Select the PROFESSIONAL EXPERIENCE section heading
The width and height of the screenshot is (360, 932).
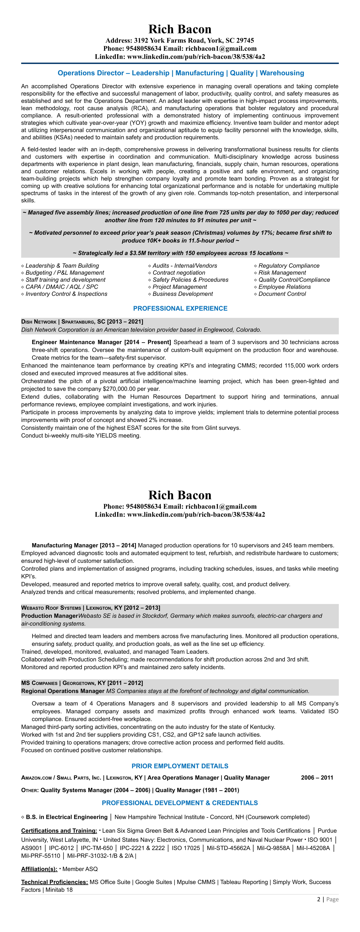pos(180,308)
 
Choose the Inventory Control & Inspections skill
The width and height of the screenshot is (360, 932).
pos(66,294)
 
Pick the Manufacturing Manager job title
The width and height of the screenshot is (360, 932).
pos(65,545)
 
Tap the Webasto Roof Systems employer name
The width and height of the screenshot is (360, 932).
pos(51,608)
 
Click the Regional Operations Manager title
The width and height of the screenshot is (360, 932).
pos(63,691)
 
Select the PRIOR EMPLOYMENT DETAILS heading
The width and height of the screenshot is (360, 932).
pos(180,766)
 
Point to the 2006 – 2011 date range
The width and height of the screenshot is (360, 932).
pos(317,778)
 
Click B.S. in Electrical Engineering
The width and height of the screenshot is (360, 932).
pos(66,817)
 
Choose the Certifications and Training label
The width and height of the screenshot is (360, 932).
pos(59,831)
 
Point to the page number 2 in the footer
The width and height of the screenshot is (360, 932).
pos(319,899)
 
